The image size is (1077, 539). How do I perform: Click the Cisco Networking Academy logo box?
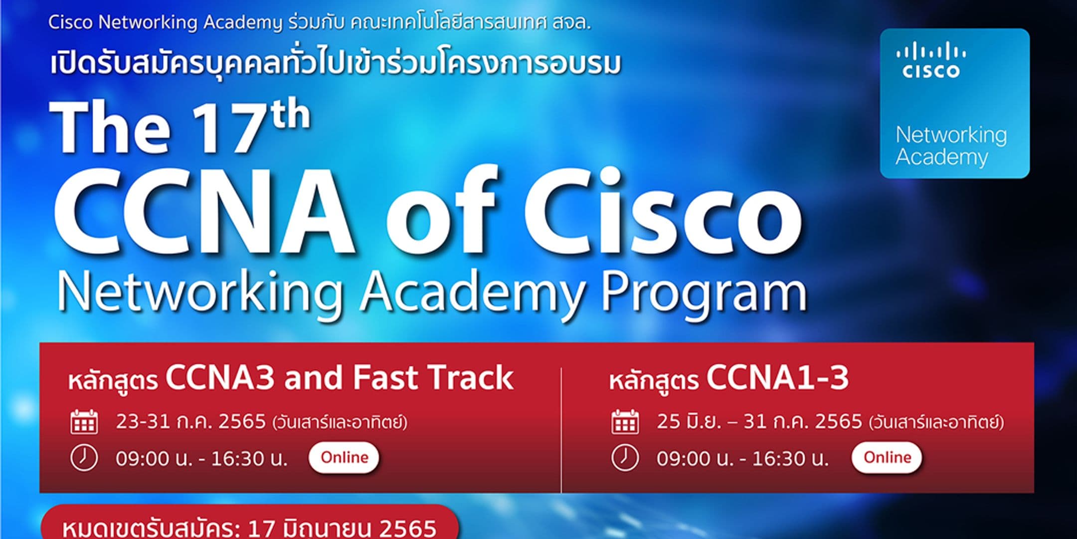pos(954,103)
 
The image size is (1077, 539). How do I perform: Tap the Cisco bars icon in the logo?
pos(930,52)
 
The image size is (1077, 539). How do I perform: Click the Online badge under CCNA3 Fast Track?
pos(344,457)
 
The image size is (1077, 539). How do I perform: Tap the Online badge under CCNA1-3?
pos(887,457)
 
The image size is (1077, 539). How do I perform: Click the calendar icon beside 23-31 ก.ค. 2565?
pos(84,422)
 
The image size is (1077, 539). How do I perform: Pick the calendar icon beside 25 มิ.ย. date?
pos(625,422)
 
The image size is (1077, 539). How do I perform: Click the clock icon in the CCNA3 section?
pos(84,458)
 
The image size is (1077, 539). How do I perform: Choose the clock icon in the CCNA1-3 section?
pos(625,458)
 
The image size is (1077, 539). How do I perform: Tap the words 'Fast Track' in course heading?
pos(433,378)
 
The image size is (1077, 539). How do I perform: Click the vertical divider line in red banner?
pos(561,429)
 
